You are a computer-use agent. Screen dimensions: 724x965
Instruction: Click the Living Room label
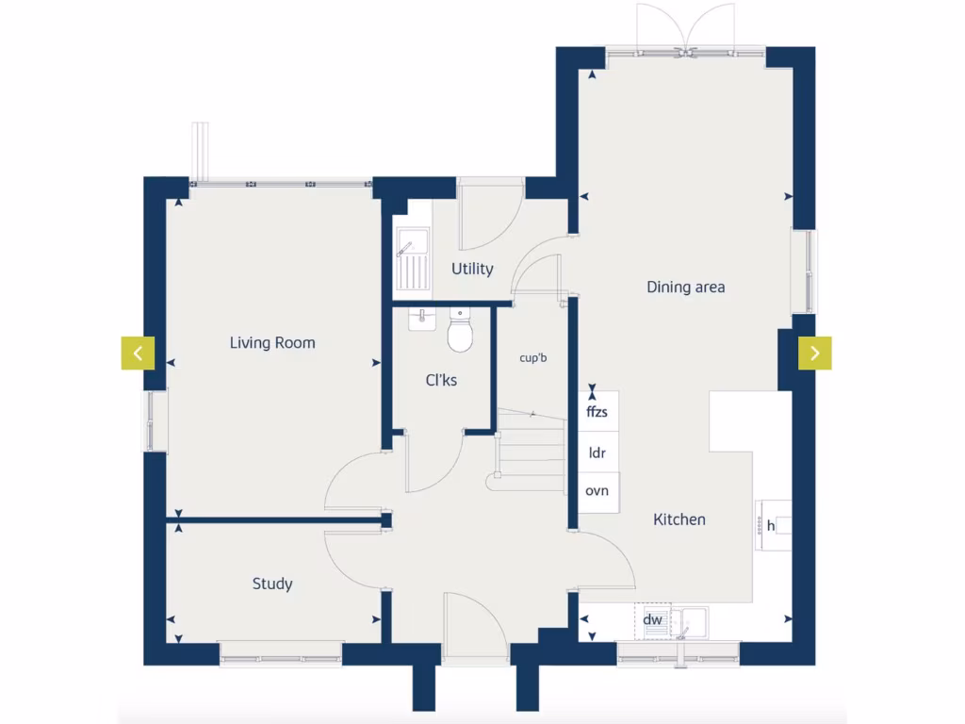point(272,343)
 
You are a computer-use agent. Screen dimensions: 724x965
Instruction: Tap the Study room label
point(272,584)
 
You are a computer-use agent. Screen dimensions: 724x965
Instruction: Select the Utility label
point(472,269)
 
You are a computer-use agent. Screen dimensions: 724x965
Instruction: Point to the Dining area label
point(686,287)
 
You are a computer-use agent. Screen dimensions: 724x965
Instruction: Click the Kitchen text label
point(679,519)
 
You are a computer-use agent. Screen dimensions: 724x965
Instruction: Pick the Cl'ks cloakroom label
point(441,381)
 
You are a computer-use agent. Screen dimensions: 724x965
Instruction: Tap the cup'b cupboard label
point(533,358)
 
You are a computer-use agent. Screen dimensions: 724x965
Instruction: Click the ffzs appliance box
point(597,412)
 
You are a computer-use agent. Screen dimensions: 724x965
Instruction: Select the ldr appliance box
point(597,452)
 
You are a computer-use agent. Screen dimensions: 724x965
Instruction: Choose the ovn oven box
point(597,491)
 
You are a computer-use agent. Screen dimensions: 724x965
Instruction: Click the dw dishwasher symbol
point(652,620)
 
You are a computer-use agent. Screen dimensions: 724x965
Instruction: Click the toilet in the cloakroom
point(460,331)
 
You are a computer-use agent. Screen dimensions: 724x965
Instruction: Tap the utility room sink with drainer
point(412,259)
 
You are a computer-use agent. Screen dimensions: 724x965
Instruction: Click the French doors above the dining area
point(686,28)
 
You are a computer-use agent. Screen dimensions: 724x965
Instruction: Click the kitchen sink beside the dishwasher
point(693,621)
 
